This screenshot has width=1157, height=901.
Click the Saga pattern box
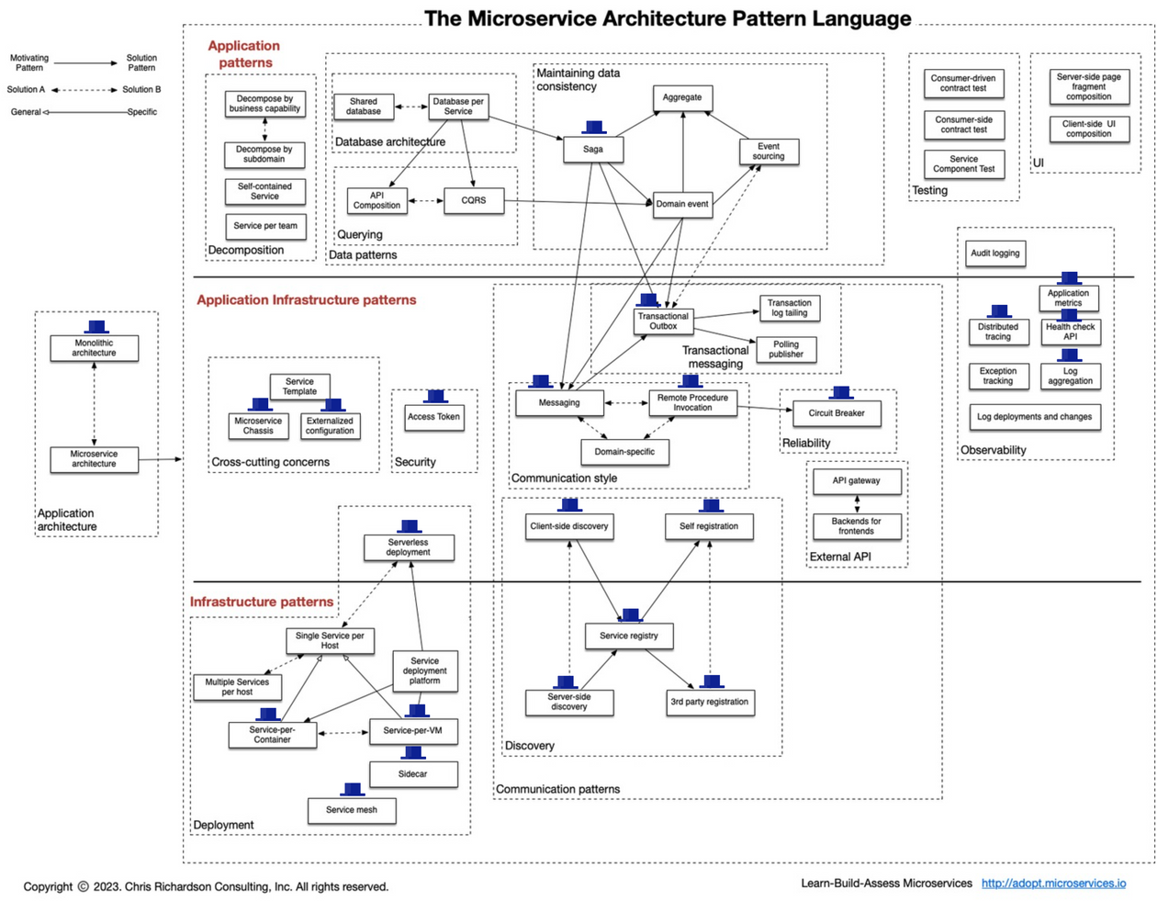pyautogui.click(x=593, y=149)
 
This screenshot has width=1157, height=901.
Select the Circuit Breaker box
pyautogui.click(x=837, y=413)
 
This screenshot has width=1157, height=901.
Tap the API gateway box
pyautogui.click(x=856, y=480)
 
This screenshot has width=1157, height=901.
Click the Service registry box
pyautogui.click(x=628, y=636)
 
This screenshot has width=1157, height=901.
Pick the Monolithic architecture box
pyautogui.click(x=94, y=348)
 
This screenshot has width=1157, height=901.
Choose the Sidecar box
pyautogui.click(x=412, y=774)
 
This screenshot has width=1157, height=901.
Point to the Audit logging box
pyautogui.click(x=995, y=253)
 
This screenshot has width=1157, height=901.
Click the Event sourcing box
pyautogui.click(x=769, y=152)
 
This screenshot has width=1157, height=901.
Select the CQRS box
pyautogui.click(x=474, y=200)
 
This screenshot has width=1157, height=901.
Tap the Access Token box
pyautogui.click(x=433, y=417)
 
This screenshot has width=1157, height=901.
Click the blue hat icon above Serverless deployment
pyautogui.click(x=409, y=527)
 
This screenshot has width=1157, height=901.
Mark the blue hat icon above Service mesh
pyautogui.click(x=352, y=790)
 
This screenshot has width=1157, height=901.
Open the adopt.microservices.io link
pyautogui.click(x=1053, y=884)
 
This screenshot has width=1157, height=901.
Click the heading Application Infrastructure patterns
pyautogui.click(x=306, y=300)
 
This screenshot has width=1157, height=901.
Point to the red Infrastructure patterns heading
pyautogui.click(x=262, y=602)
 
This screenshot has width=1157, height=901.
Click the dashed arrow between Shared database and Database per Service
pyautogui.click(x=411, y=107)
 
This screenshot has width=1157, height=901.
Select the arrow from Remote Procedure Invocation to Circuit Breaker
pyautogui.click(x=764, y=409)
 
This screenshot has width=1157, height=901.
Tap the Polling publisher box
pyautogui.click(x=786, y=349)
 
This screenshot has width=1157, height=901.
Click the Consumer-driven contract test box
pyautogui.click(x=963, y=84)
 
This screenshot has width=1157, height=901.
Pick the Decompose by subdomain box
pyautogui.click(x=264, y=154)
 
